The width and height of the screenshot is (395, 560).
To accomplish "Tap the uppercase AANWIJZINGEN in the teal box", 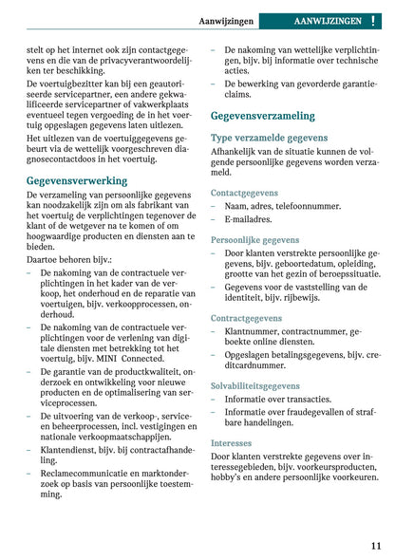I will (328, 20).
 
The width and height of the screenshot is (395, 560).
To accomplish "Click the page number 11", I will (376, 546).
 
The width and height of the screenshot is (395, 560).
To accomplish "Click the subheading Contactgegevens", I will (244, 193).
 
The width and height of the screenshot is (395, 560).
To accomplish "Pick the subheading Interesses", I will (232, 442).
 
